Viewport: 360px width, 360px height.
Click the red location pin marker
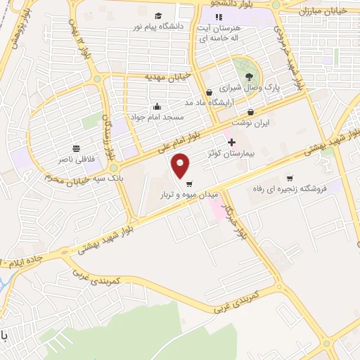[x=181, y=166]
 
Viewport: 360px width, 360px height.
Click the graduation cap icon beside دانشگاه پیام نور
[x=160, y=15]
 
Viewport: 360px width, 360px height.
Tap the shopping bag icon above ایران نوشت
[x=251, y=112]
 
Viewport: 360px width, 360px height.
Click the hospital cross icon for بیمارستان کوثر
[x=231, y=143]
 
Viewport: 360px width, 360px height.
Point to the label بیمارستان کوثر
[x=221, y=153]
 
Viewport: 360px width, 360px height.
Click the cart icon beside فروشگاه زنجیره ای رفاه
[x=290, y=179]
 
